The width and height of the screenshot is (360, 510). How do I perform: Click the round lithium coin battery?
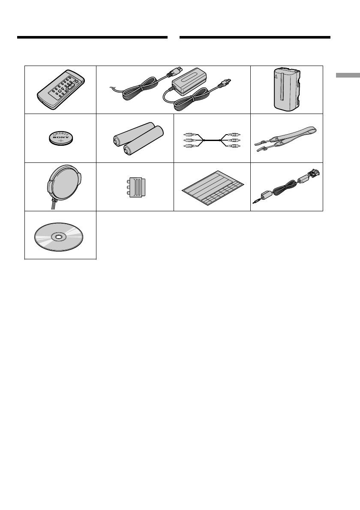pos(60,138)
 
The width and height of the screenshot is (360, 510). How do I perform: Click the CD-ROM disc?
pos(60,236)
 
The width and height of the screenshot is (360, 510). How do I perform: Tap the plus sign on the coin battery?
pos(60,141)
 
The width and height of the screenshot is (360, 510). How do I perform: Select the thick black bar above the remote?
pos(92,37)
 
